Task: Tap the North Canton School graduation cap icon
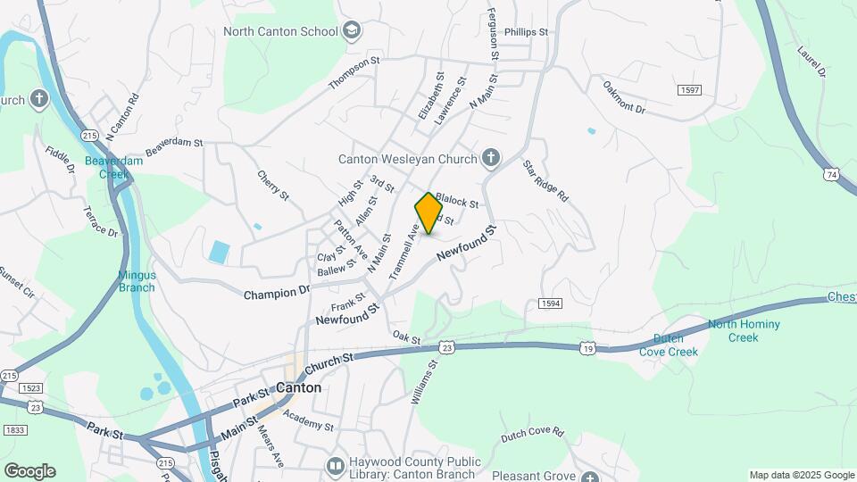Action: click(x=352, y=32)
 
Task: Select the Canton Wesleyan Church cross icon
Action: click(x=490, y=160)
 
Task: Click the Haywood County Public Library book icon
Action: click(x=335, y=466)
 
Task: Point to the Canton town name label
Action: click(x=298, y=388)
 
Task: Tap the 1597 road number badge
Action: click(x=688, y=91)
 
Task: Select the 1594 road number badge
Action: click(x=550, y=303)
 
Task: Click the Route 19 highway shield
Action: click(x=586, y=347)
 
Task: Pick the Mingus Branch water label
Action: click(x=137, y=282)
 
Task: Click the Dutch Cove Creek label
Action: click(x=669, y=345)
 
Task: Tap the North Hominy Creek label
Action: click(x=744, y=331)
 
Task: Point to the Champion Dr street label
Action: click(x=276, y=292)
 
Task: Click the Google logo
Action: click(x=29, y=471)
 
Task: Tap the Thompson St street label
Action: click(x=354, y=72)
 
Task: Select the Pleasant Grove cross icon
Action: click(x=589, y=477)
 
